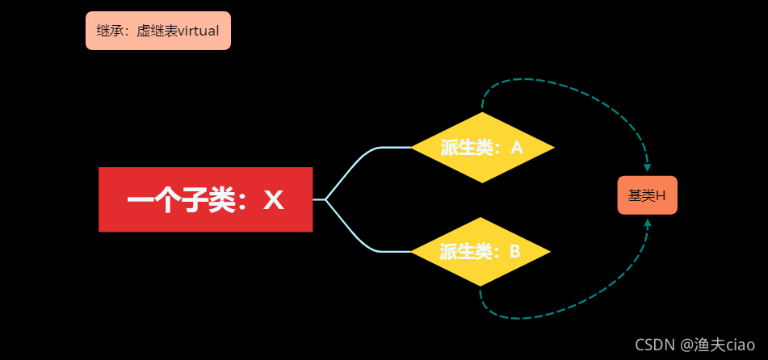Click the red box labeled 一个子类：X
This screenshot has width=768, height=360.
[205, 199]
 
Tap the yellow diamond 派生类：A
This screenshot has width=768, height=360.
[482, 148]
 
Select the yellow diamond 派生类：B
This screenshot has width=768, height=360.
[481, 252]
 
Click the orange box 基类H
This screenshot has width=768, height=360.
[647, 195]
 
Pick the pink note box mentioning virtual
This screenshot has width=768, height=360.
[158, 31]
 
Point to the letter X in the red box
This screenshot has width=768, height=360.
[274, 200]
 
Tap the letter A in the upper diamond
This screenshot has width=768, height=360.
[517, 148]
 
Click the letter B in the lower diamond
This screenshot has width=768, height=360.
[514, 252]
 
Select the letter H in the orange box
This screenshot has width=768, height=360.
[661, 195]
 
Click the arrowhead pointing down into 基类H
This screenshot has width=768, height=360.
[648, 167]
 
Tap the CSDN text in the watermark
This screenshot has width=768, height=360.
[654, 345]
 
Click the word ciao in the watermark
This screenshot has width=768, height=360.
[740, 345]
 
